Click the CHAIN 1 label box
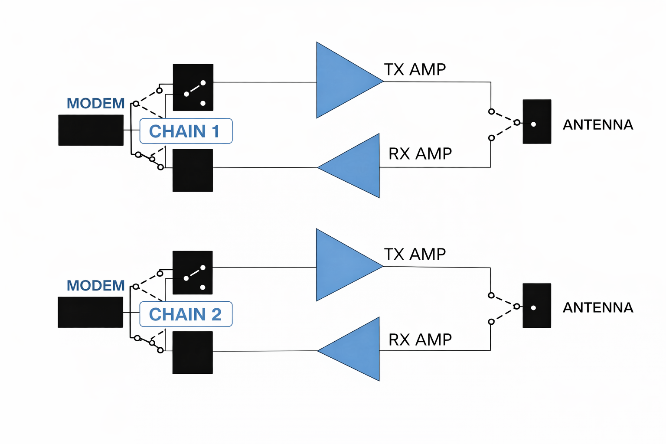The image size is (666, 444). coord(186,131)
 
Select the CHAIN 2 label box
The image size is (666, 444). coord(186,314)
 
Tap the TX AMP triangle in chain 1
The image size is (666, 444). coord(343,81)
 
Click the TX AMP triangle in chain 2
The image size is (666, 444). coord(343,265)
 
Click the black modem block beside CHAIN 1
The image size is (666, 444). coord(91,130)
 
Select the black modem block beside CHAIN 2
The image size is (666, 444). coord(90,312)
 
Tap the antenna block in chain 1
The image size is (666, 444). coord(537,121)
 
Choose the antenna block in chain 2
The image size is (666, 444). coord(537,305)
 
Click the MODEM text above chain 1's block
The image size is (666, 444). coord(95,104)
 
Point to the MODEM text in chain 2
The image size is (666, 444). coord(95,286)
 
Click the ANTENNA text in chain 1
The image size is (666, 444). coord(598,125)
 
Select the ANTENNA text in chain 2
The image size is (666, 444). coord(598,308)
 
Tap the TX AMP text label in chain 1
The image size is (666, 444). coord(415,69)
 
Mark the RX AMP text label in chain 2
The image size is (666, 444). coord(420,340)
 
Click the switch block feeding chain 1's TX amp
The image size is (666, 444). coord(193,87)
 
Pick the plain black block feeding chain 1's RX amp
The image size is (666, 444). coord(193,170)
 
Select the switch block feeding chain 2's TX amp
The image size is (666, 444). coord(193,273)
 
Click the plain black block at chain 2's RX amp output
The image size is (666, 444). coord(193,353)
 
